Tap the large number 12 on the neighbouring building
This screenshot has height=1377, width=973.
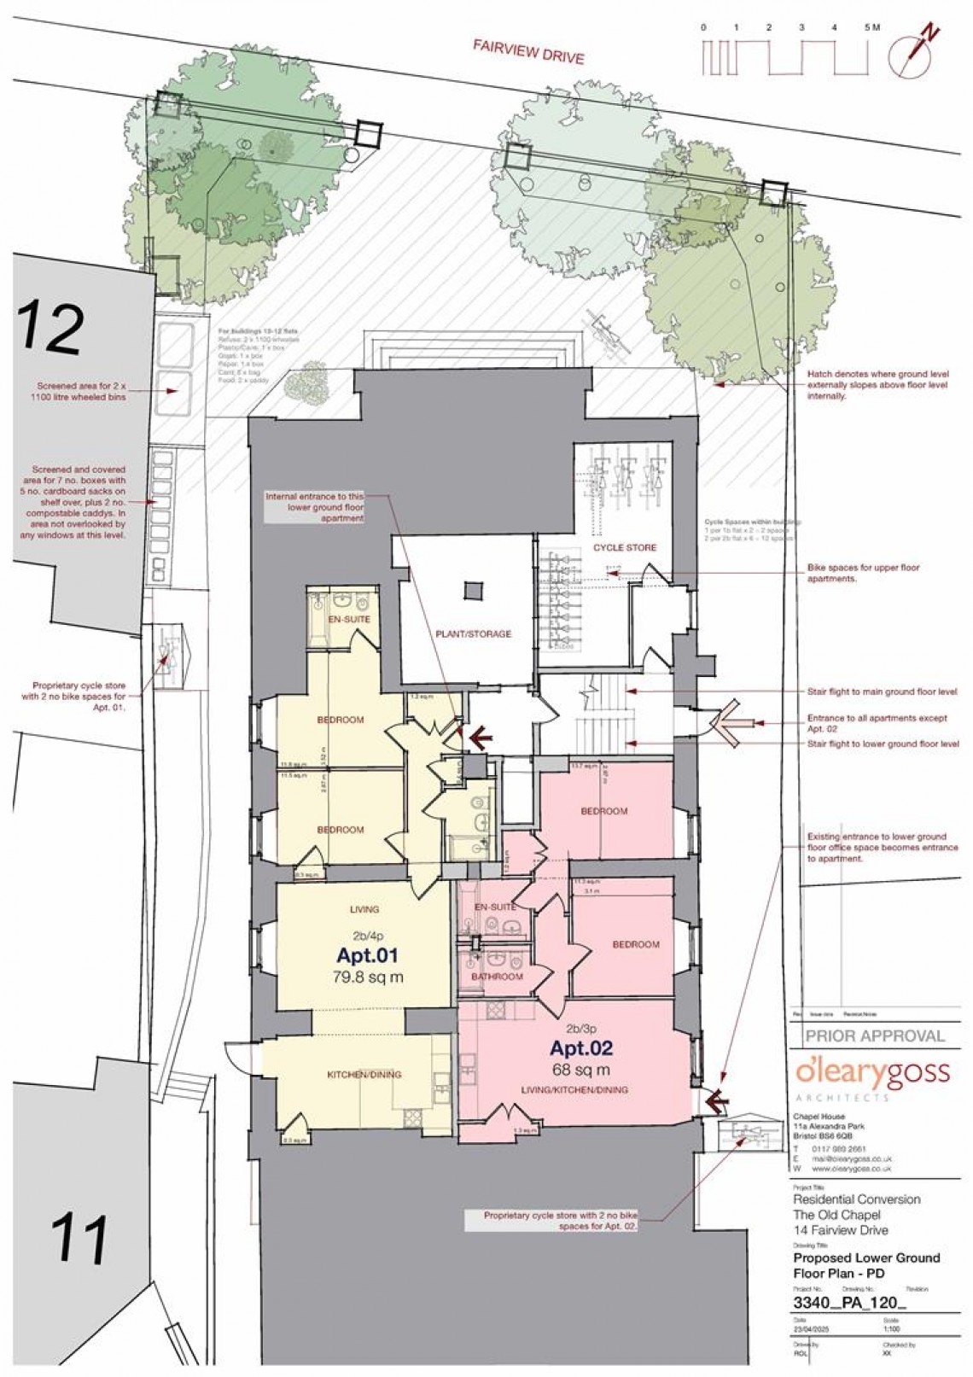(x=52, y=327)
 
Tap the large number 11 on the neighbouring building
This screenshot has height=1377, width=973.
(x=79, y=1239)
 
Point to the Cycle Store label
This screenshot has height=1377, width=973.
(x=625, y=547)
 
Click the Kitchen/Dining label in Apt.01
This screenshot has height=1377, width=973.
(x=364, y=1074)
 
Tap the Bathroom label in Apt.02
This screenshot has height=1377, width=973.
(x=497, y=977)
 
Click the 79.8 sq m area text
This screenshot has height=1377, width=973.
(x=367, y=977)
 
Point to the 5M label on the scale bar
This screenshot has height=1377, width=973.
(x=872, y=28)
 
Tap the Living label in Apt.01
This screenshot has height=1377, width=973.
(x=364, y=909)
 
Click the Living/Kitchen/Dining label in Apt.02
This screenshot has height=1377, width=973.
(x=576, y=1089)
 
